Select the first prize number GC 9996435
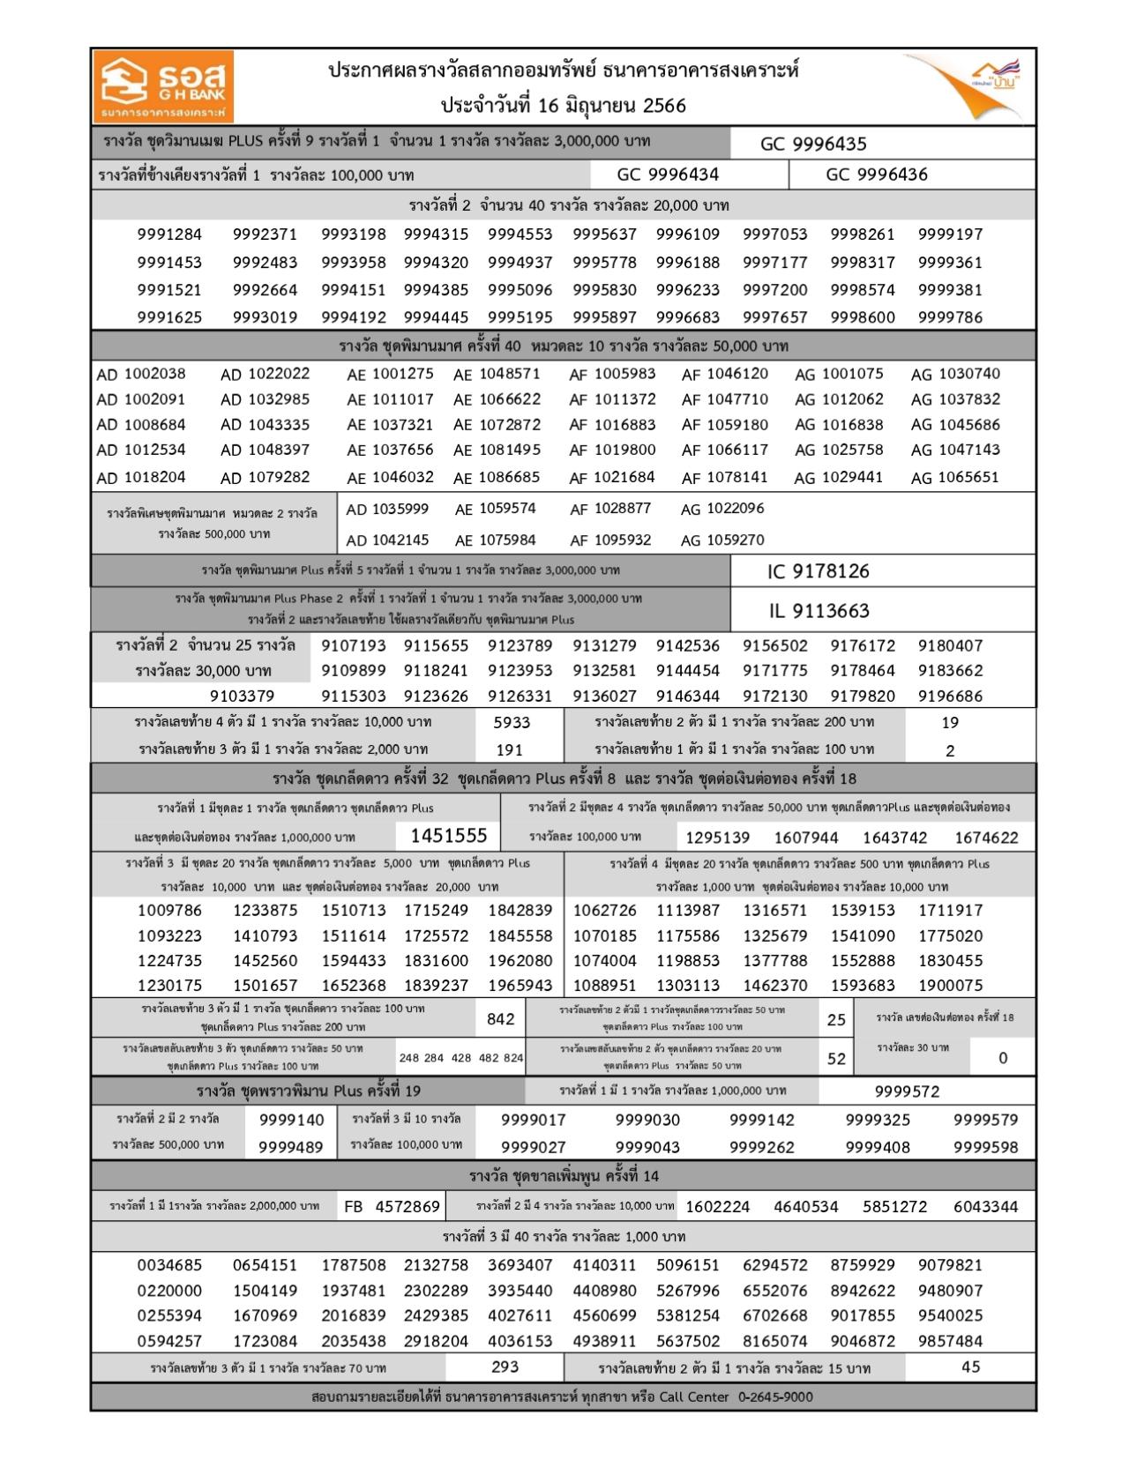(x=813, y=144)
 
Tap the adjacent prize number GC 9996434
(x=668, y=175)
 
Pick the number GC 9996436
(x=877, y=175)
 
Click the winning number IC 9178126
(x=818, y=571)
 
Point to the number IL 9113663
(x=818, y=611)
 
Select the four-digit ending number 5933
(x=512, y=723)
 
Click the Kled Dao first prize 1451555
(x=449, y=836)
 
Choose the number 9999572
(x=907, y=1091)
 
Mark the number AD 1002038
(x=141, y=374)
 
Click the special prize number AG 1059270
(x=722, y=540)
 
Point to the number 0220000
(x=169, y=1291)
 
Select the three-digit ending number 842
(x=500, y=1019)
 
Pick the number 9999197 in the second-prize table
(x=950, y=235)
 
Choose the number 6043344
(x=985, y=1207)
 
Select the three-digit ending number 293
(x=505, y=1367)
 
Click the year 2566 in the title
(x=664, y=106)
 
